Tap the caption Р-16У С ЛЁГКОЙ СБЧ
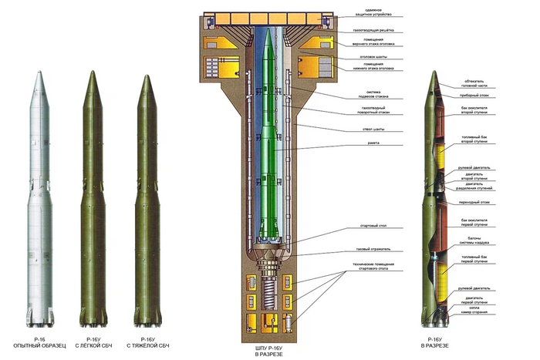click(x=94, y=344)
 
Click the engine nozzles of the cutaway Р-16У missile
click(x=434, y=318)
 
